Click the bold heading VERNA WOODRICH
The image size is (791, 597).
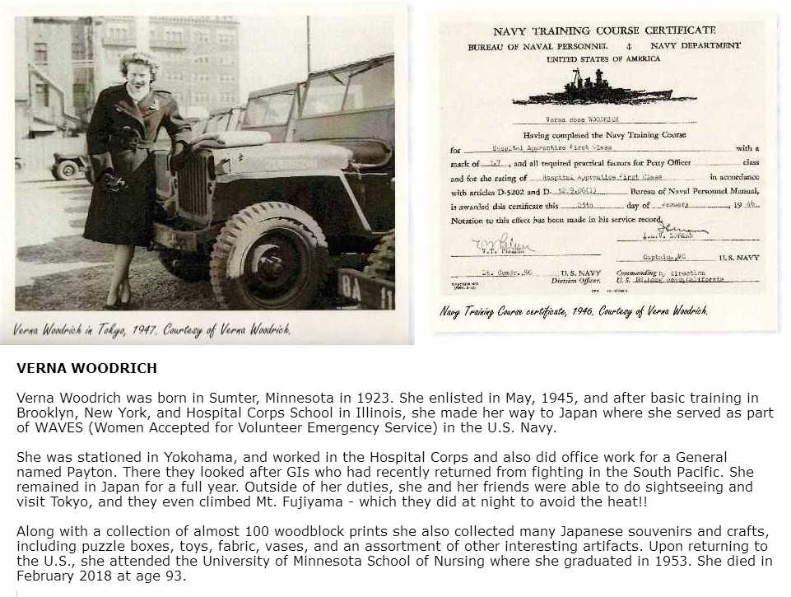[86, 368]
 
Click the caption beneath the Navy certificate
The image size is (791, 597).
[573, 311]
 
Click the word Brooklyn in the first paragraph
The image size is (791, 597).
[48, 413]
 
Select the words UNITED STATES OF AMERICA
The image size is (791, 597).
[603, 59]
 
